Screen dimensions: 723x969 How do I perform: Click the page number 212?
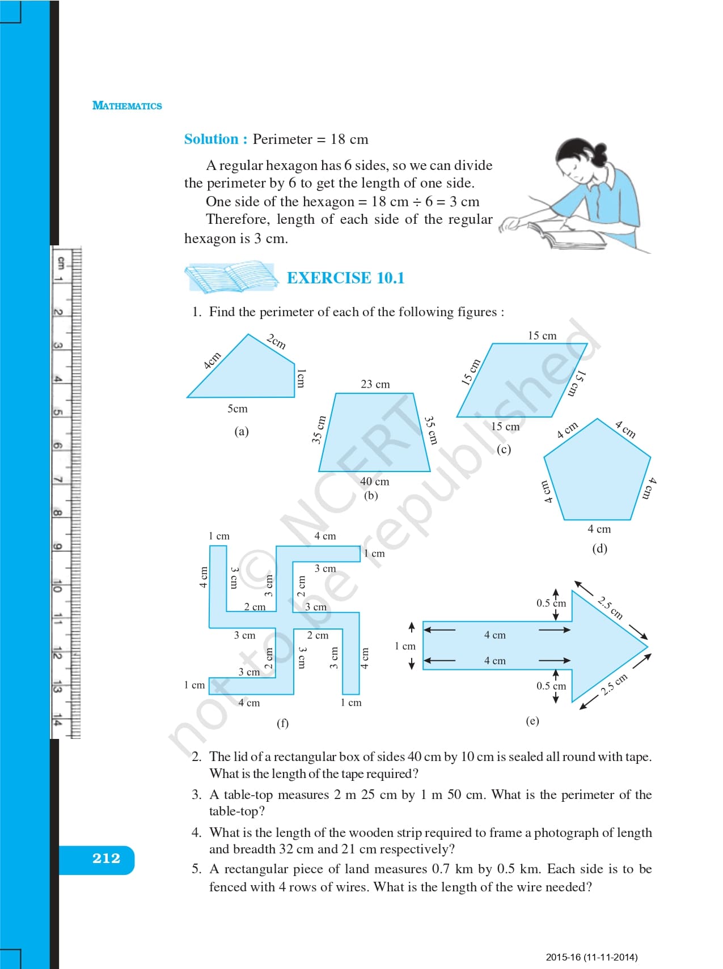pyautogui.click(x=106, y=858)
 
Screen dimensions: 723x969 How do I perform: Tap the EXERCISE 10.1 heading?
pyautogui.click(x=345, y=278)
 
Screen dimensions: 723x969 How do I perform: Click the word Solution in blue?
pyautogui.click(x=212, y=139)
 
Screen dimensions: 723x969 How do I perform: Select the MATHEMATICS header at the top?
pyautogui.click(x=127, y=105)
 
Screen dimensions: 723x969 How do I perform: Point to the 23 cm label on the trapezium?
pyautogui.click(x=375, y=384)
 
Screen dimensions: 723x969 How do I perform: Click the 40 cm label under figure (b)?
pyautogui.click(x=375, y=482)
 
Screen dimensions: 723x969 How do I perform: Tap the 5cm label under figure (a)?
pyautogui.click(x=238, y=409)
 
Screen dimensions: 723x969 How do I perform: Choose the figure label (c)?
pyautogui.click(x=504, y=449)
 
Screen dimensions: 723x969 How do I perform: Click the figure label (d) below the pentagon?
pyautogui.click(x=599, y=549)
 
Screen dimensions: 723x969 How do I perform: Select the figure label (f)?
pyautogui.click(x=282, y=723)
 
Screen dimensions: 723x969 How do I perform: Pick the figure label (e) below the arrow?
pyautogui.click(x=532, y=721)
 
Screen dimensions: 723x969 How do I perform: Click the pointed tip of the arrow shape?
pyautogui.click(x=648, y=646)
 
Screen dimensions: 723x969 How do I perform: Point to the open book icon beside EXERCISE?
pyautogui.click(x=231, y=277)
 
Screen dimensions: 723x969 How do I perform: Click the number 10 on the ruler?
pyautogui.click(x=57, y=586)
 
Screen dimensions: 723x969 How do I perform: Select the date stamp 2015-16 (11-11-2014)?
pyautogui.click(x=591, y=957)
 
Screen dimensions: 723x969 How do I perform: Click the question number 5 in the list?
pyautogui.click(x=196, y=869)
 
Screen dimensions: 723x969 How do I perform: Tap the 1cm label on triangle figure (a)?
pyautogui.click(x=301, y=378)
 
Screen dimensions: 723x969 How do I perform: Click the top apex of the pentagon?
pyautogui.click(x=598, y=419)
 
